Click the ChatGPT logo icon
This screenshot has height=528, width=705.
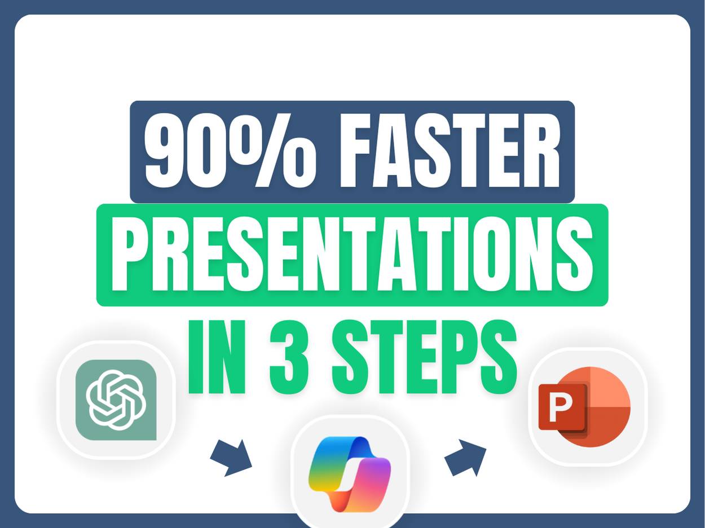(116, 400)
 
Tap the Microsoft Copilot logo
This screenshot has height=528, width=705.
(350, 473)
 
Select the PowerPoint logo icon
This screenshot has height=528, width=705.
(587, 406)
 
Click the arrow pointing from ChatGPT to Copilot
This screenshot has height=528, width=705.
(231, 457)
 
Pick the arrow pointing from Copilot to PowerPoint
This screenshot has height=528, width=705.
(466, 456)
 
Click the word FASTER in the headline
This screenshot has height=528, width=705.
(450, 150)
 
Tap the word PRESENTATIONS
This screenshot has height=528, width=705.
(352, 255)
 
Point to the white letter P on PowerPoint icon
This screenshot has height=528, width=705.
(561, 406)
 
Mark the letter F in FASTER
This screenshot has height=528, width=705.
(356, 150)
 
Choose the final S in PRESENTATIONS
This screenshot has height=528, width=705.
(574, 255)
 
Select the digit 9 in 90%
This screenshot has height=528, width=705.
(165, 150)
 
